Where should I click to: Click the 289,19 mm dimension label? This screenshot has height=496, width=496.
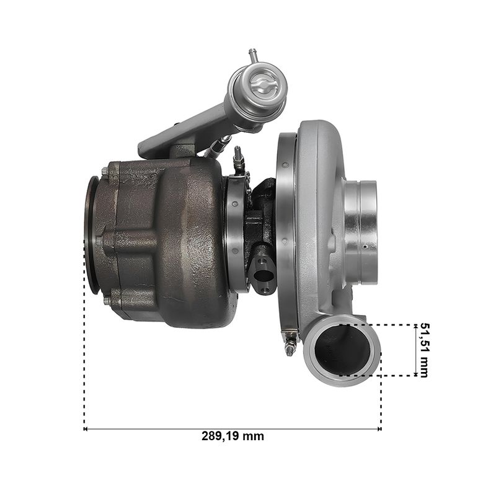232,436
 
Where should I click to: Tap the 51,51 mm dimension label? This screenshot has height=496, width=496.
424,350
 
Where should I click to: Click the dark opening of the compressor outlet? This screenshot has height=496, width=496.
343,350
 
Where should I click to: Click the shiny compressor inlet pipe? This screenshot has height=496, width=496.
361,232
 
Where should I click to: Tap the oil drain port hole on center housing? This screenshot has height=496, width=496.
263,275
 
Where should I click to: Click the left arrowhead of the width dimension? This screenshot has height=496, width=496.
86,429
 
